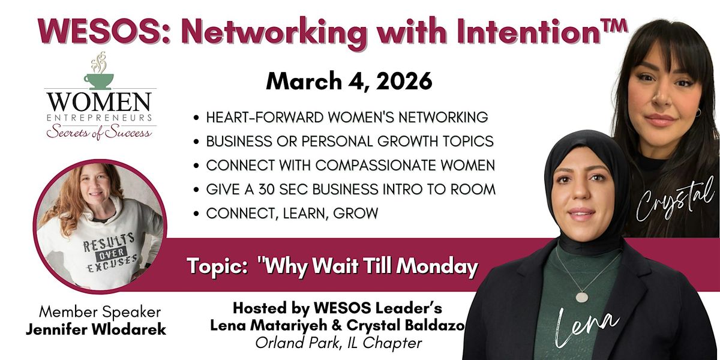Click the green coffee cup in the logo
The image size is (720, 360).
coord(98,82)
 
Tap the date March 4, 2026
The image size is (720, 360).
coord(349,81)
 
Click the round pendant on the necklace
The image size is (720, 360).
coord(582,296)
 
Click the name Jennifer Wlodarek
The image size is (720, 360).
coord(96,329)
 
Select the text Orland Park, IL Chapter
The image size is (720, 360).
coord(338,343)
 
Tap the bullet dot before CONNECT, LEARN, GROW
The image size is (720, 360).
coord(196,214)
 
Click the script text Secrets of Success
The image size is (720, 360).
coord(100,132)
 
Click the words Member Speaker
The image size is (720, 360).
coord(100,312)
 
